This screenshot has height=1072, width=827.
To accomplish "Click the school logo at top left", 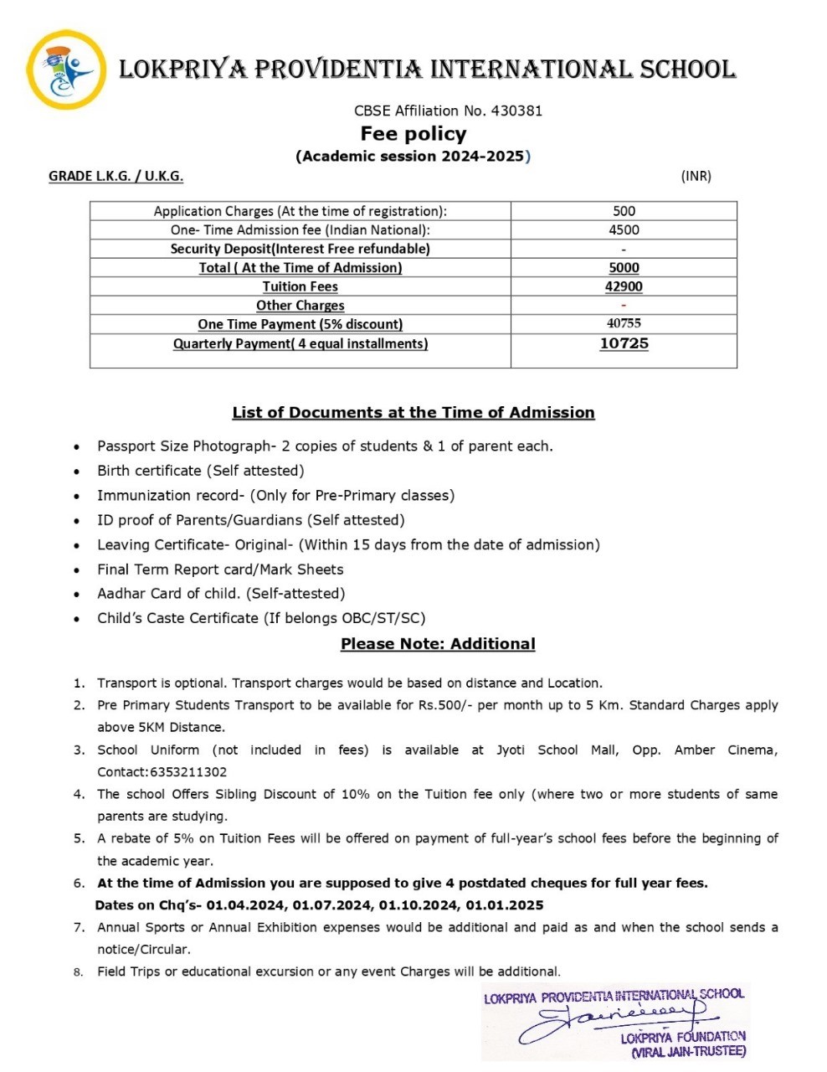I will pos(66,70).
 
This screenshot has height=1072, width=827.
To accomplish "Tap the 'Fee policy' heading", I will pos(413,134).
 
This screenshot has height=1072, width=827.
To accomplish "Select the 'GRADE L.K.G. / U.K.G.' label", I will pos(116,176).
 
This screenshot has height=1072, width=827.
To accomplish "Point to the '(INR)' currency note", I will pos(696,176).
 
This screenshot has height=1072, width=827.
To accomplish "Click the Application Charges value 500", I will pos(624,211).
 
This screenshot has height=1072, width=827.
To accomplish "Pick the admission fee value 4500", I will pos(624,229).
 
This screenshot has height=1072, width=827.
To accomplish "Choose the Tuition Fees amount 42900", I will pos(624,286).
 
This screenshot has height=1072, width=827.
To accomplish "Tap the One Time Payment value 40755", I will pos(624,323).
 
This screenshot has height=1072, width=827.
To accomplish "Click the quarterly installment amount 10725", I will pos(624,343).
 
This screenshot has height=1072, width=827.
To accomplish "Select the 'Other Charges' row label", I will pos(300,306).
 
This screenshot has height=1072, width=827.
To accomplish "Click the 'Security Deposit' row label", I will pos(300,249).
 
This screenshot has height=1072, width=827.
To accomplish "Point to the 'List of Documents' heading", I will pos(413,412).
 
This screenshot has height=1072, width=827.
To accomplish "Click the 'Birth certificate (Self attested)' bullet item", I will pos(201,471).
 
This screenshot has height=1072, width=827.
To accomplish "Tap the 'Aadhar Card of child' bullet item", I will pos(221,593).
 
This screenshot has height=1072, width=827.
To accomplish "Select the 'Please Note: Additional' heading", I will pos(438,644).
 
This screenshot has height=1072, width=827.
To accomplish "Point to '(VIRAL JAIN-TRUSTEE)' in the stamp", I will pos(688,1052).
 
